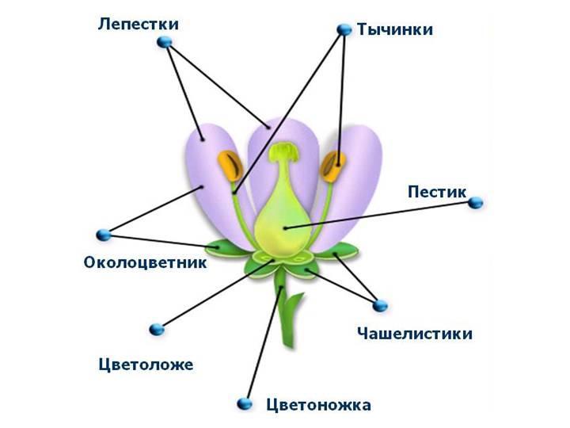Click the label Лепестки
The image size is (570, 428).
(138, 24)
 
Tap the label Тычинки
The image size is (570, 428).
(395, 29)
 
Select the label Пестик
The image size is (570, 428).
(436, 192)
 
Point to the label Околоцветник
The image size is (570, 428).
(145, 262)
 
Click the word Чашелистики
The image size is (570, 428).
(415, 333)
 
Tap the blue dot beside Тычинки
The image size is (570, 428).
(344, 29)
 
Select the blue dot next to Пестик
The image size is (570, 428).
(475, 204)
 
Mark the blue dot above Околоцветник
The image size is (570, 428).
(102, 235)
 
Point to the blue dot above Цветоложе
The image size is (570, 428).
(156, 328)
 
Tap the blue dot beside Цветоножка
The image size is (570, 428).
(246, 405)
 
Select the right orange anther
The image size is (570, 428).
(333, 166)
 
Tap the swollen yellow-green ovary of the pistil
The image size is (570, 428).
(282, 218)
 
